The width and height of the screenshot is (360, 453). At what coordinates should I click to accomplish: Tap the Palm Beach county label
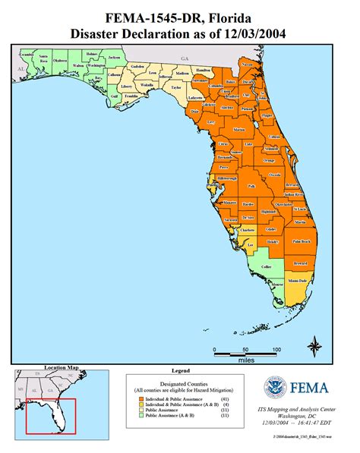(302, 241)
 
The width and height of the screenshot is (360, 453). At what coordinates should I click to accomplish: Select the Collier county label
(265, 266)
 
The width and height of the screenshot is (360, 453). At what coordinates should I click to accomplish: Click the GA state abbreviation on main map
(183, 58)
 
